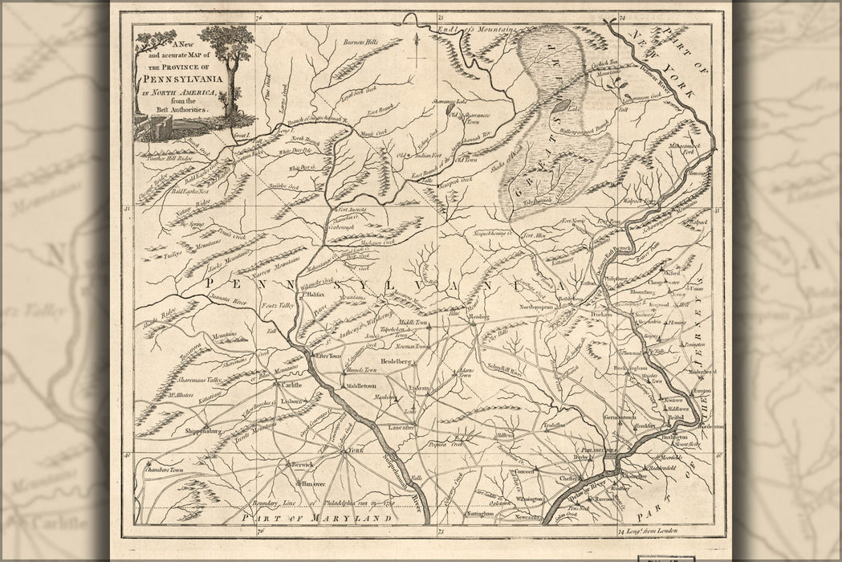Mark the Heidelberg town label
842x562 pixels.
[x=397, y=362]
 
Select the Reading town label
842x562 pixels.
[x=478, y=318]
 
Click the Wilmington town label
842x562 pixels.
[x=530, y=499]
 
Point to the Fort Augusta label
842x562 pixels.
[x=351, y=209]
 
